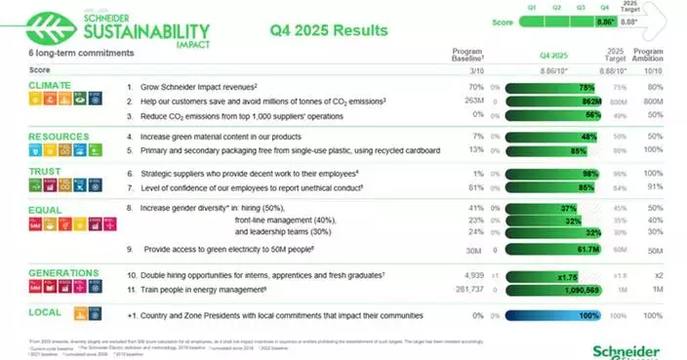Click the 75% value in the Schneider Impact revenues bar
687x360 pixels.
click(x=561, y=86)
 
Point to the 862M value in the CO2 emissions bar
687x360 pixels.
click(x=564, y=100)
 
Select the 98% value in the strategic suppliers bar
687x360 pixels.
click(x=562, y=172)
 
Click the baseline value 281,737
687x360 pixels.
click(x=465, y=291)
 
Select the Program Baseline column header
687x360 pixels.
click(x=468, y=55)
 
